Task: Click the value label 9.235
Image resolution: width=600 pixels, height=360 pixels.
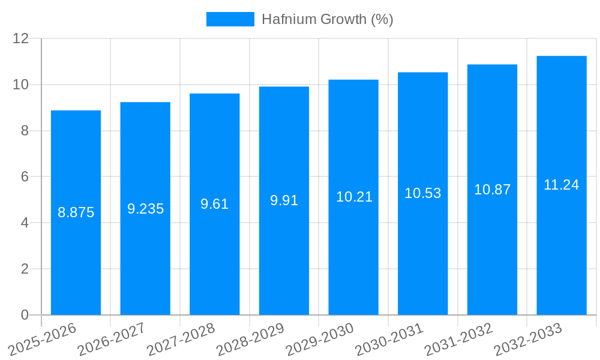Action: (x=145, y=209)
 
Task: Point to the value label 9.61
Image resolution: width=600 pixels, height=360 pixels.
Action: (x=214, y=204)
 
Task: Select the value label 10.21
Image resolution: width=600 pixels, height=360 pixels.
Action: (x=354, y=197)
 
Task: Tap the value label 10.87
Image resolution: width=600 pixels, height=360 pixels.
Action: (x=492, y=190)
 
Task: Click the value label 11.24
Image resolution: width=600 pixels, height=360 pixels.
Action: (x=561, y=185)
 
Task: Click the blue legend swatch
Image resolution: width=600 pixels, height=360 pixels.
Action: (x=230, y=19)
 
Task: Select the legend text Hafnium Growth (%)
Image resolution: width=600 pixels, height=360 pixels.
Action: (x=328, y=19)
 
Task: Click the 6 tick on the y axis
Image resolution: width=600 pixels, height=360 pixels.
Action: (x=25, y=177)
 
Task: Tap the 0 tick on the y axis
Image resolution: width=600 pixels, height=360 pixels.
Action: (x=25, y=315)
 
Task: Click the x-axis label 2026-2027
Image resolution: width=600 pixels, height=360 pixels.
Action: (x=112, y=339)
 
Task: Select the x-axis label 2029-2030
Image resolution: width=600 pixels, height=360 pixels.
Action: (x=319, y=339)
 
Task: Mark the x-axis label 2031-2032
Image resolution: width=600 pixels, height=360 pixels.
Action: (x=458, y=339)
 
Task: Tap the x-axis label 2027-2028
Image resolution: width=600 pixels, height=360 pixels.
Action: (x=181, y=339)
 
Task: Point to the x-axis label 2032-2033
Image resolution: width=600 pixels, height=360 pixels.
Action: (x=527, y=339)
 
